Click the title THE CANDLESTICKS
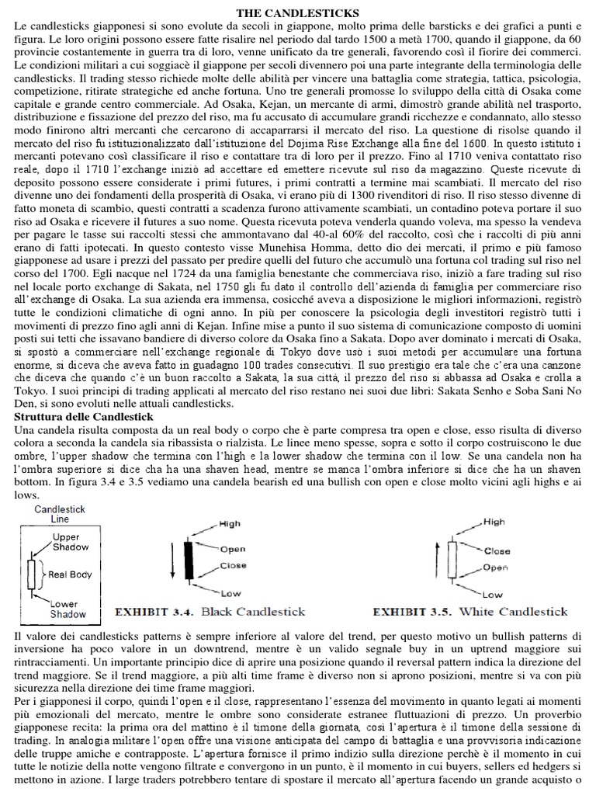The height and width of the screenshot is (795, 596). (x=297, y=13)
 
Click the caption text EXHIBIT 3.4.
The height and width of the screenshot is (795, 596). (x=156, y=612)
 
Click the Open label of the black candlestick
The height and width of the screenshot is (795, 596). (x=233, y=549)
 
